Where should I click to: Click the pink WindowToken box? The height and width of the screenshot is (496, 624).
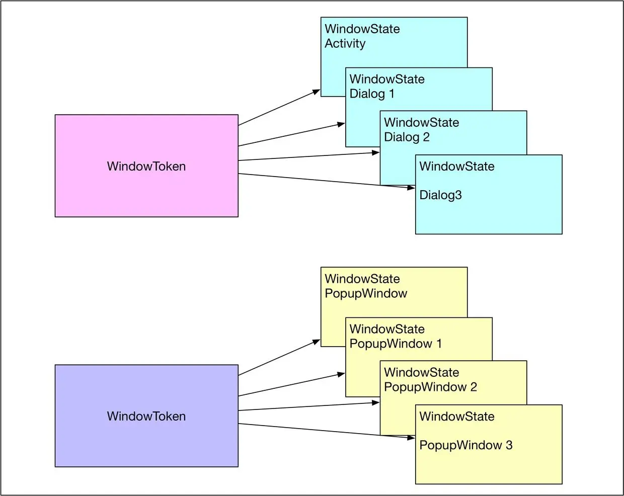click(146, 191)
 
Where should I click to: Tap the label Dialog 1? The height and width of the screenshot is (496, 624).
click(372, 94)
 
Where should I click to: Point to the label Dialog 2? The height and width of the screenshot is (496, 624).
click(407, 137)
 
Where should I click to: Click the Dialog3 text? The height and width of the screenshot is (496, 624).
click(440, 195)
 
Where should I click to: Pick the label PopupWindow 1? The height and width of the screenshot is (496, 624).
click(396, 344)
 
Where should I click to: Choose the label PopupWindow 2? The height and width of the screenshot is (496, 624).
click(430, 387)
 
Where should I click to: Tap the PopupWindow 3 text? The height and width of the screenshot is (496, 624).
click(465, 445)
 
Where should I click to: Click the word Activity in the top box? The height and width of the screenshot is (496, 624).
click(345, 44)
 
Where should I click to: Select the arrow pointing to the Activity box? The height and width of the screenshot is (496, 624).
click(279, 108)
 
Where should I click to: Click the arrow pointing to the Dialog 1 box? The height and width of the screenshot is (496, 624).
click(292, 135)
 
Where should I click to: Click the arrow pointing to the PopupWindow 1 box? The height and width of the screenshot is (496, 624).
click(292, 385)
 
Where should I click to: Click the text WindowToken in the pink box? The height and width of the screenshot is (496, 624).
click(146, 167)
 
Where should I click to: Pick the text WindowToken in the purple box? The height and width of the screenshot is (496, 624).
click(146, 417)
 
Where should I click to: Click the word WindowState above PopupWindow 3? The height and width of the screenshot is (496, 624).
click(456, 417)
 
